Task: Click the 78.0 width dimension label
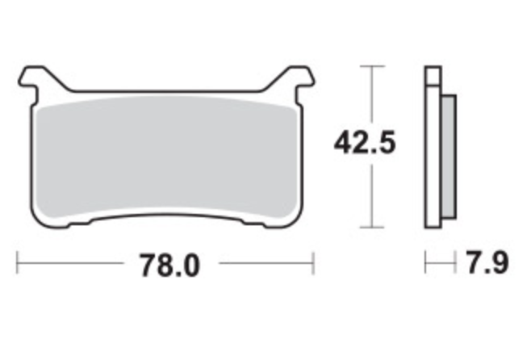point(170,266)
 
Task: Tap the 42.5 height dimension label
point(365,143)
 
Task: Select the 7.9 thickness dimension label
point(487,262)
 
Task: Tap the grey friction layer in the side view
point(449,156)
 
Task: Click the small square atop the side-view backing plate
point(433,75)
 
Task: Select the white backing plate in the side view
point(433,156)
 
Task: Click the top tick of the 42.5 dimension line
point(372,66)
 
